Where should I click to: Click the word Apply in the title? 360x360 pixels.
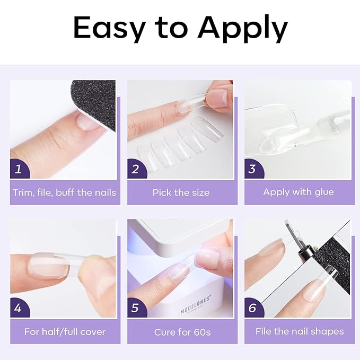pos(242,29)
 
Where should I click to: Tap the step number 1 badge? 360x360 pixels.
pos(19,169)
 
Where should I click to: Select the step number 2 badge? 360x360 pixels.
pos(136,169)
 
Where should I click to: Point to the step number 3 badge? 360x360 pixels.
pos(253,169)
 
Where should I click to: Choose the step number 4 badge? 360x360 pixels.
pos(19,308)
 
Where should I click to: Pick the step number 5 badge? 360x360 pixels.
pos(136,308)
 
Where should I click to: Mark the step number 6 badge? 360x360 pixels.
pos(253,308)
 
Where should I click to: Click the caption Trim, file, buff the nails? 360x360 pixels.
pos(64,192)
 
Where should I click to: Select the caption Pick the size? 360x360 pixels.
pos(181,192)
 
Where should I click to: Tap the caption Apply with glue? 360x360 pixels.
pos(298,192)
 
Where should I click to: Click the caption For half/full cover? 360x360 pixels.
pos(65,332)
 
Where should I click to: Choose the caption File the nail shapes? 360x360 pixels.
pos(299,331)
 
